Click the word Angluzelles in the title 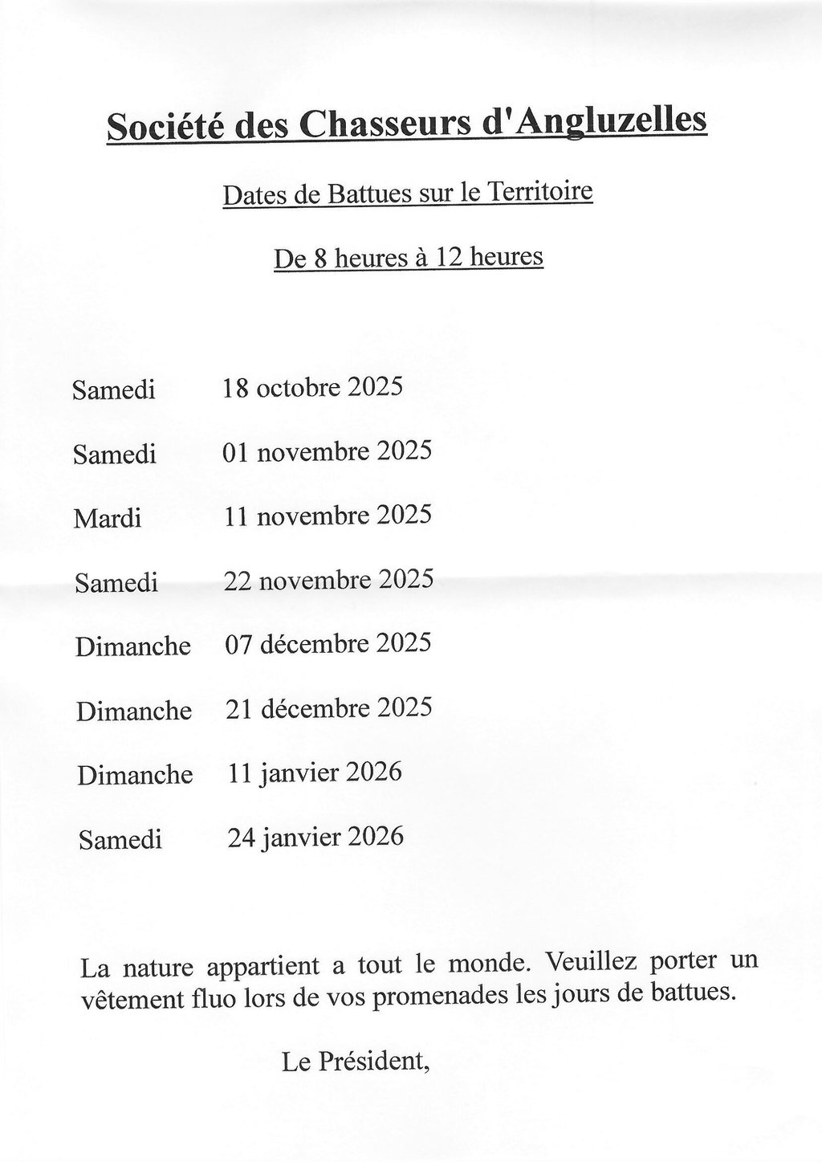point(612,121)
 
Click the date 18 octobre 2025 point(312,388)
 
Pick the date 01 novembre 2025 point(327,451)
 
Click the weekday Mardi point(108,519)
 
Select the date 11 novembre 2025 point(328,515)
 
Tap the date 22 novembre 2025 point(329,579)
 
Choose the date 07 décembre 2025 point(328,643)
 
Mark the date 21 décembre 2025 point(328,708)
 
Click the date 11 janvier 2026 point(315,773)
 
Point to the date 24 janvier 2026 point(315,837)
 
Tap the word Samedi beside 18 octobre point(113,390)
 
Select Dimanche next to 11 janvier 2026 point(135,775)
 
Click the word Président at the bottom point(375,1062)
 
